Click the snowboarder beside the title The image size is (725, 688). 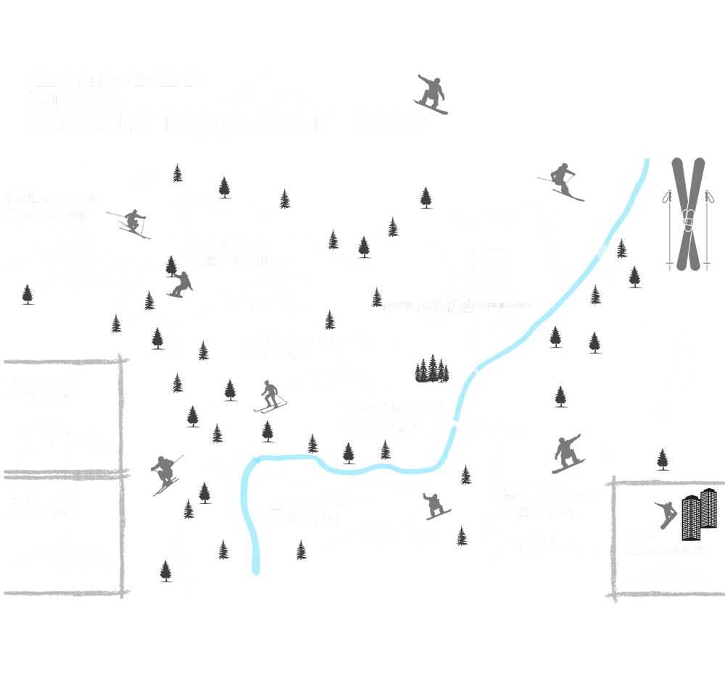click(x=431, y=94)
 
